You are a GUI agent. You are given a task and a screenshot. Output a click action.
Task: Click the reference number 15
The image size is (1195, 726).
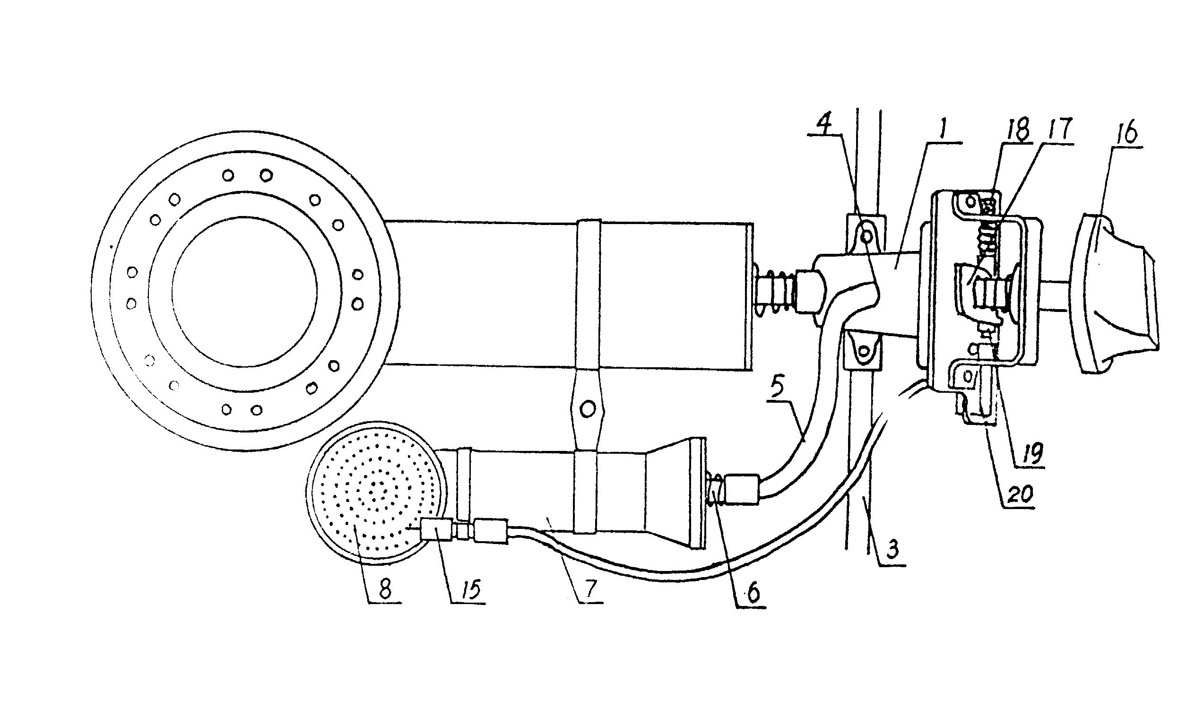469,589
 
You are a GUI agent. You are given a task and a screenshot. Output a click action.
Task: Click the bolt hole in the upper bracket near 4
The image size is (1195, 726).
866,237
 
